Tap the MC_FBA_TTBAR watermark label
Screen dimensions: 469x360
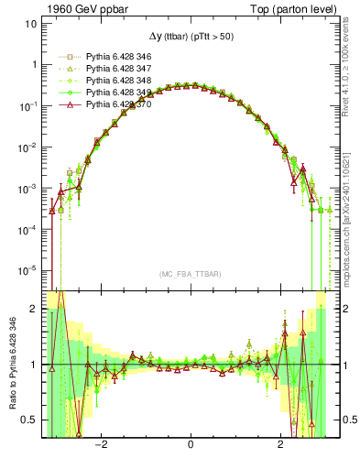(x=190, y=274)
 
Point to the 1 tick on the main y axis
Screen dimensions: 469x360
(x=34, y=64)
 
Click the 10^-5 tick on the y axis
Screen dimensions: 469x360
(x=27, y=270)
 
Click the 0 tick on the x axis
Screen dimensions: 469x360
(x=190, y=446)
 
